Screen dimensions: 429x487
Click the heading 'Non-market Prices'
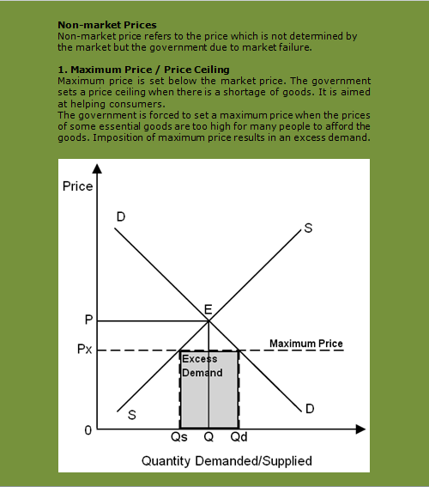pos(106,26)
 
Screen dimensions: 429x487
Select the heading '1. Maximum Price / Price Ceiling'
pos(143,69)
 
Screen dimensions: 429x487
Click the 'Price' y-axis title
pos(78,186)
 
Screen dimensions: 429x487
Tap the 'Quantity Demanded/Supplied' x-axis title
pos(227,460)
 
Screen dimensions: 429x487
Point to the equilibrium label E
pos(208,310)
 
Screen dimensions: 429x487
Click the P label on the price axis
pos(88,320)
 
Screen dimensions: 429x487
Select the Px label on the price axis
pos(85,350)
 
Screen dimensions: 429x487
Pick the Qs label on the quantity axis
pos(179,436)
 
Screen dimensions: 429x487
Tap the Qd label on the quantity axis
pos(239,436)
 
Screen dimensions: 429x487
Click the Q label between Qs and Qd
pos(208,436)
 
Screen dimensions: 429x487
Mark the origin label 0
pos(87,429)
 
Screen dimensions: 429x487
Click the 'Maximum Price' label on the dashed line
pos(306,344)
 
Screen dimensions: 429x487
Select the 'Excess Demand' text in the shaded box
pos(202,366)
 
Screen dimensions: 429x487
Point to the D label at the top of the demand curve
pos(121,218)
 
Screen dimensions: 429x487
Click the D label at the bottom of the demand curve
pos(310,407)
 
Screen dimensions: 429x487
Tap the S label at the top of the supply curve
pos(308,228)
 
